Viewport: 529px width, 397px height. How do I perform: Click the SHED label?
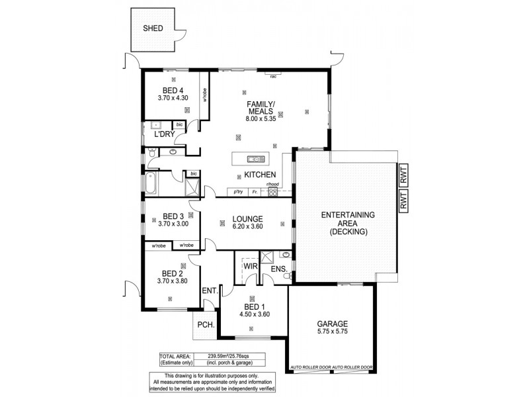154,28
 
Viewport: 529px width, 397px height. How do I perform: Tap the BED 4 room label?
172,91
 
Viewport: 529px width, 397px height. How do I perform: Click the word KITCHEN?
260,175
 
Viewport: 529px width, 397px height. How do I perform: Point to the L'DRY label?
164,135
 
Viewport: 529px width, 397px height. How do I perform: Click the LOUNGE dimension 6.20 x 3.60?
248,227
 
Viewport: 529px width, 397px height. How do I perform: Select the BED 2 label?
172,273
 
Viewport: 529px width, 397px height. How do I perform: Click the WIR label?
251,266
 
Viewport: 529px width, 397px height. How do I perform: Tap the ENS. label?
278,269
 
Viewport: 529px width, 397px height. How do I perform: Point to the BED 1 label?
254,306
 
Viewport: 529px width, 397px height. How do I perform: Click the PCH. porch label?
204,325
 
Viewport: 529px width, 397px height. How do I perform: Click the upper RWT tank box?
403,177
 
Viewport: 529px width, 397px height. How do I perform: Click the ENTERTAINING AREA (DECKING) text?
348,224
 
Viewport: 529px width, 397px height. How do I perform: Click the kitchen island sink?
253,158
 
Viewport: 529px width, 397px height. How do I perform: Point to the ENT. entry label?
210,290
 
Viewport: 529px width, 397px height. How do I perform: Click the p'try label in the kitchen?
238,192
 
